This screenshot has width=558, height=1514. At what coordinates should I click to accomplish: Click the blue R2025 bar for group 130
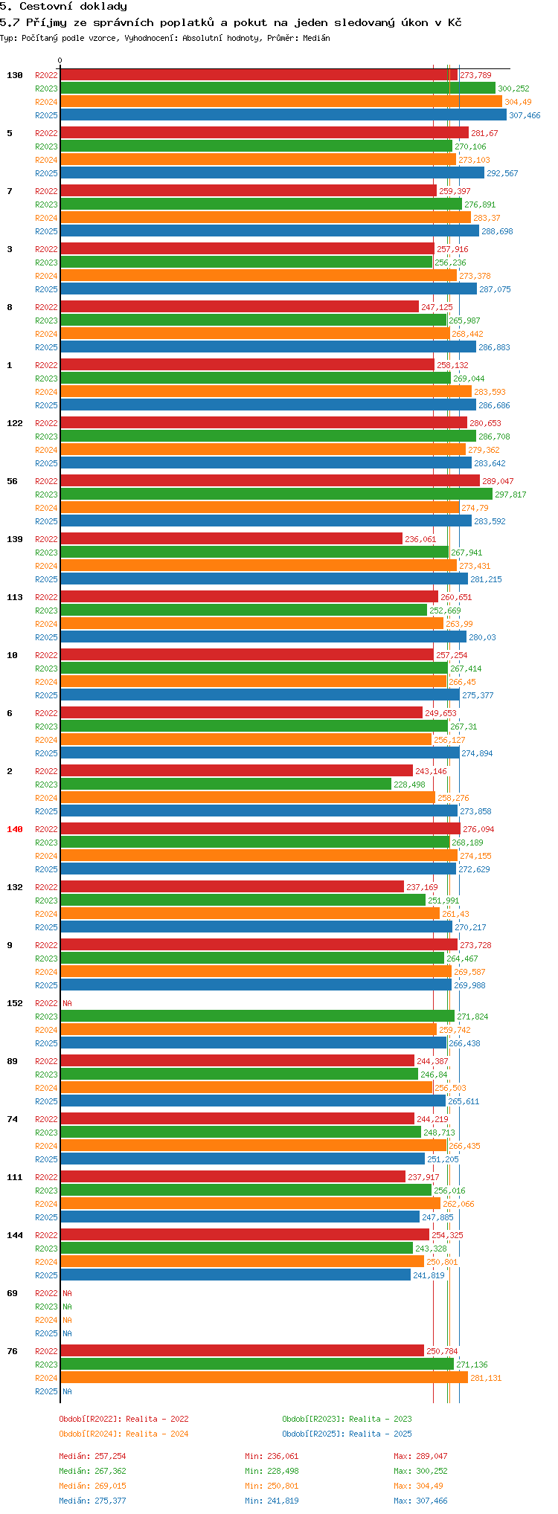[283, 115]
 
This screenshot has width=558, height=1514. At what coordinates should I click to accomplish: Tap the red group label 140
[14, 829]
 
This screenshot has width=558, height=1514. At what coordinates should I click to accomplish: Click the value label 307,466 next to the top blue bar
[525, 115]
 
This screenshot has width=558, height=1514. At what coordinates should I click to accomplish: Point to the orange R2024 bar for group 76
[264, 1378]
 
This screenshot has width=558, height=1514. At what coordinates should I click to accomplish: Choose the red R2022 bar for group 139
[231, 539]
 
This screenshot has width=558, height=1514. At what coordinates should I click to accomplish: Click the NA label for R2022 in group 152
[67, 1003]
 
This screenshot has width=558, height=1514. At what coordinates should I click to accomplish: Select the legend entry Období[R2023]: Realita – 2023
[347, 1419]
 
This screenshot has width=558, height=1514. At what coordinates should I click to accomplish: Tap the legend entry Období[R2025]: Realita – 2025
[347, 1434]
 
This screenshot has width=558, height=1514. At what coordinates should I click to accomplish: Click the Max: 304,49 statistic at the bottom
[420, 1486]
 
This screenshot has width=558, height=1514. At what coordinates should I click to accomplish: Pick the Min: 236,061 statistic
[272, 1456]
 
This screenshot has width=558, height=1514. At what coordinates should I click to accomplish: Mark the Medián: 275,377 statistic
[92, 1501]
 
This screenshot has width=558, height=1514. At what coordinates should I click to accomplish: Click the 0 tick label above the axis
[60, 61]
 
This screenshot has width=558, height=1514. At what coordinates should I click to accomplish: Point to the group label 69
[12, 1293]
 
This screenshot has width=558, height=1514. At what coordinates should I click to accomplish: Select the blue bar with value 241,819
[235, 1275]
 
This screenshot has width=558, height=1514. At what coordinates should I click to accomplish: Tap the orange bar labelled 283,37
[265, 218]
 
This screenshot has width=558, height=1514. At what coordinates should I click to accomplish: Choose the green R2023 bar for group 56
[276, 495]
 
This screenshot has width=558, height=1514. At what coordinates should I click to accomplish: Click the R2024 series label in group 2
[46, 798]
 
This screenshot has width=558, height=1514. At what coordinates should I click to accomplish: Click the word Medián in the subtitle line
[317, 38]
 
